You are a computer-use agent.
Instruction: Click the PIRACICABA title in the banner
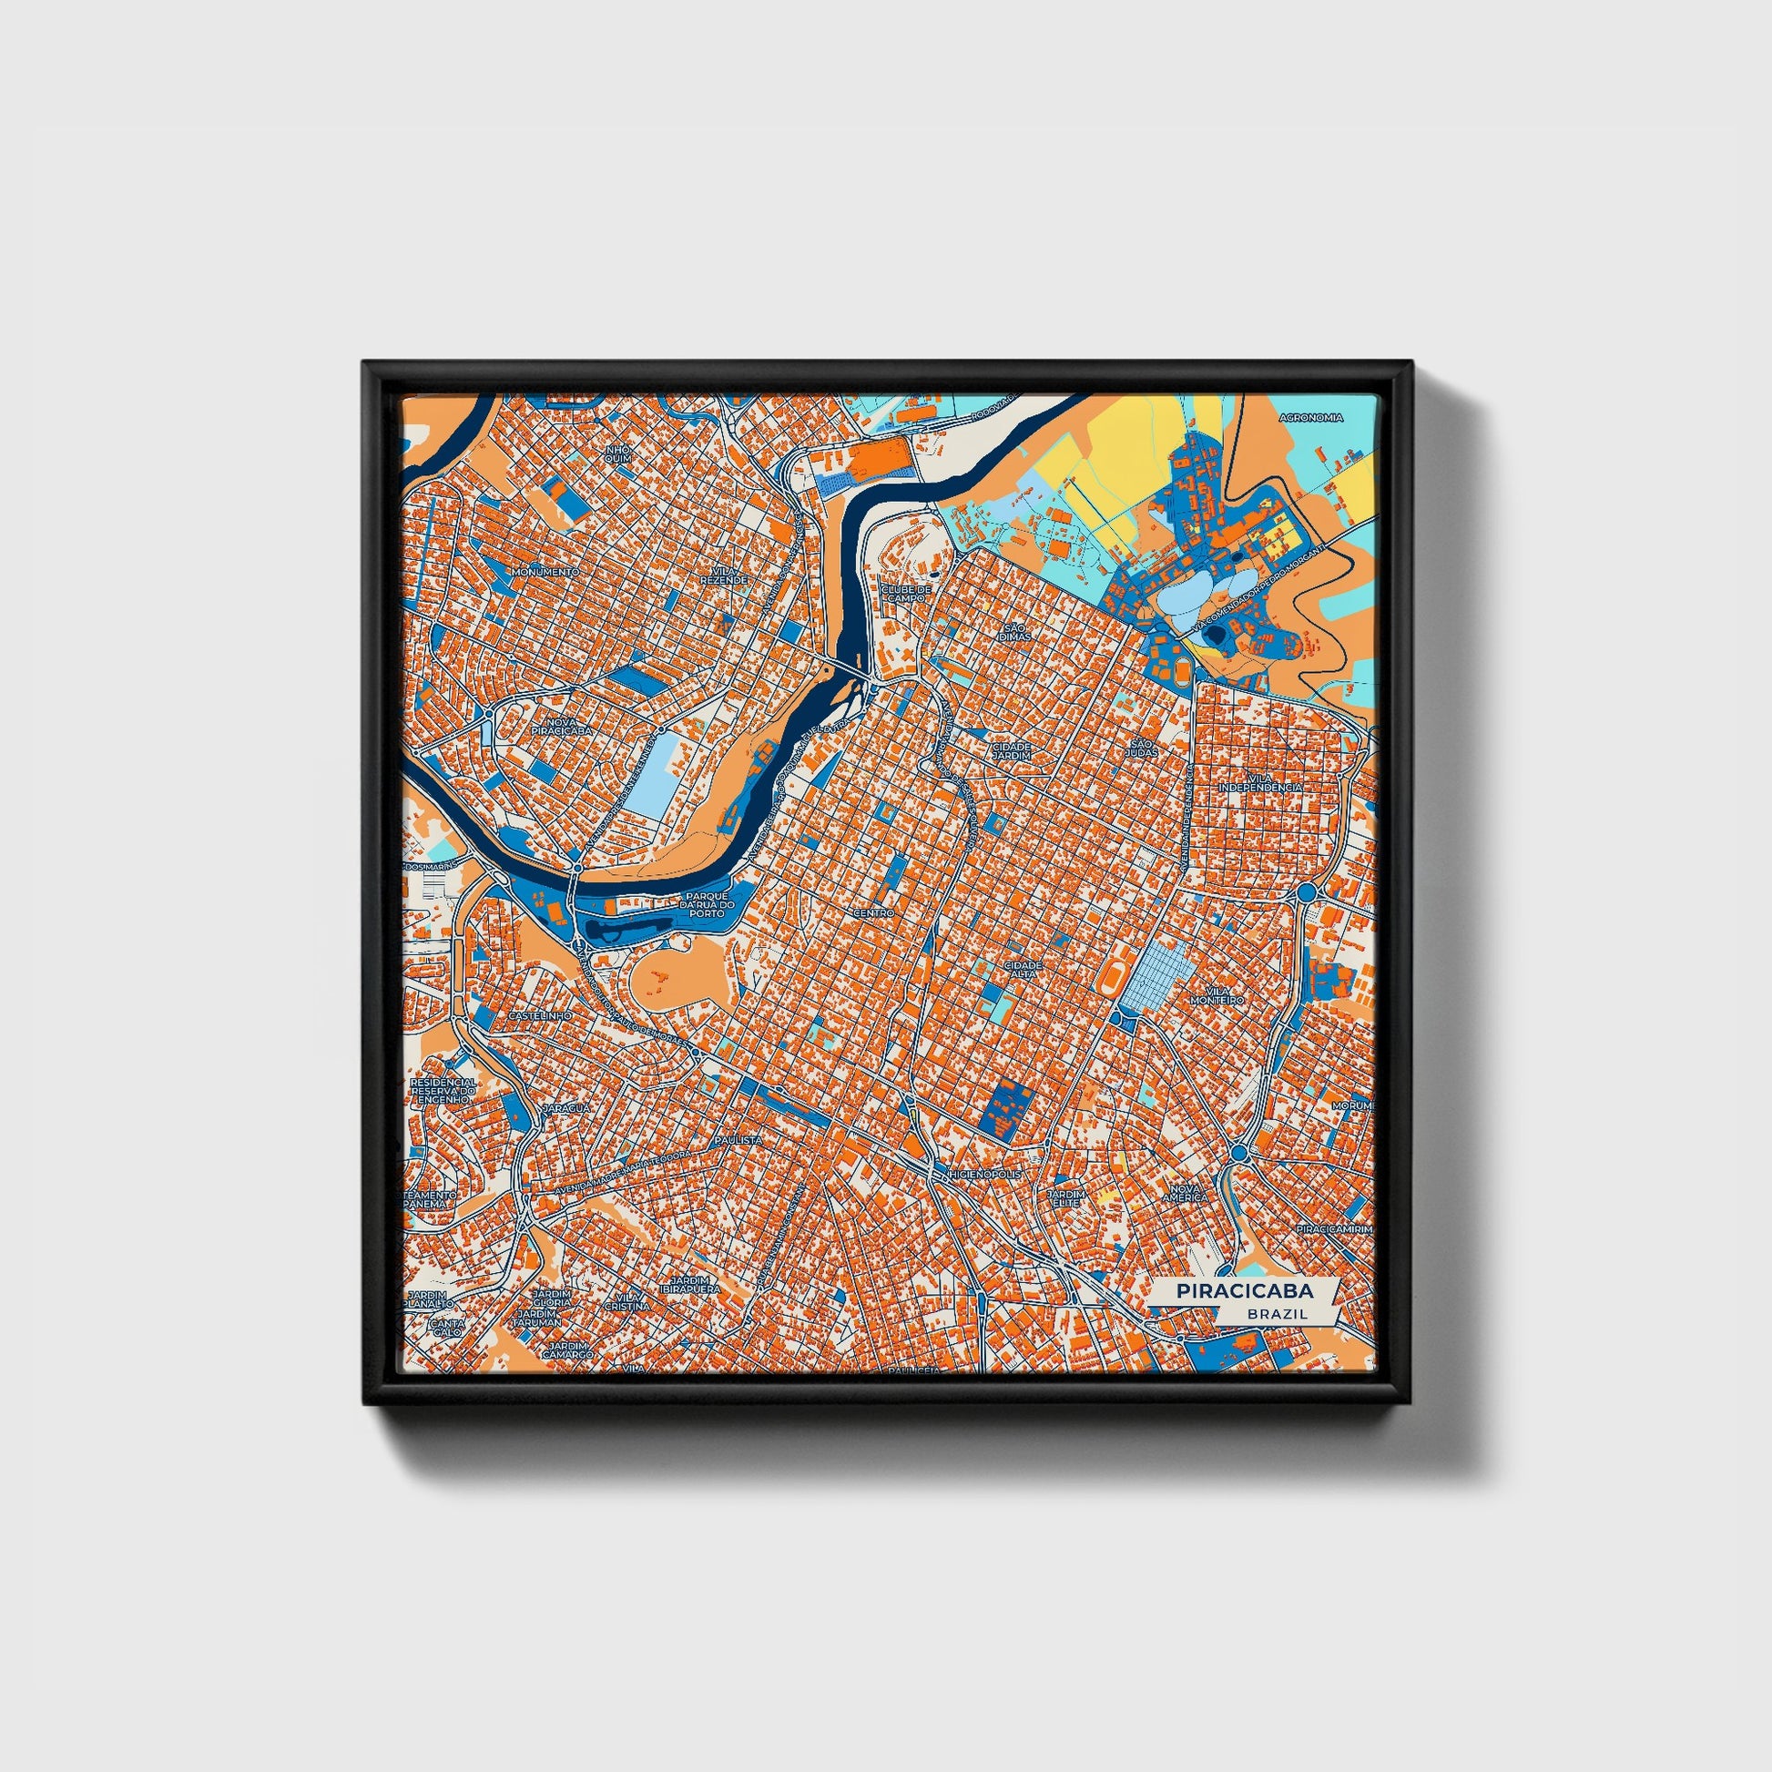pos(1245,1290)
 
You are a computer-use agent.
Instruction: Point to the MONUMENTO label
pos(546,572)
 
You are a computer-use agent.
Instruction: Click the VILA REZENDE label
pos(718,575)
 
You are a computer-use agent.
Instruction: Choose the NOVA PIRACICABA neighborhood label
pos(561,728)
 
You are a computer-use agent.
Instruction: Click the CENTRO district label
pos(872,914)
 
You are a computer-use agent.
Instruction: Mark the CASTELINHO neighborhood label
pos(540,1017)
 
